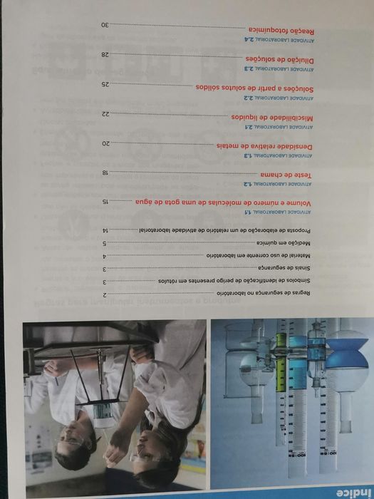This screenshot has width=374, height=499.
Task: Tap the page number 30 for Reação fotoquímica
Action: pos(105,25)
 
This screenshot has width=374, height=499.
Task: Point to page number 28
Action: pos(105,55)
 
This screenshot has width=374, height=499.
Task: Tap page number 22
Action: pos(105,114)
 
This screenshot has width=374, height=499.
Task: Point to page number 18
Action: pos(105,173)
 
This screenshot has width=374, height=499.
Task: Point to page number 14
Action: pos(105,230)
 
